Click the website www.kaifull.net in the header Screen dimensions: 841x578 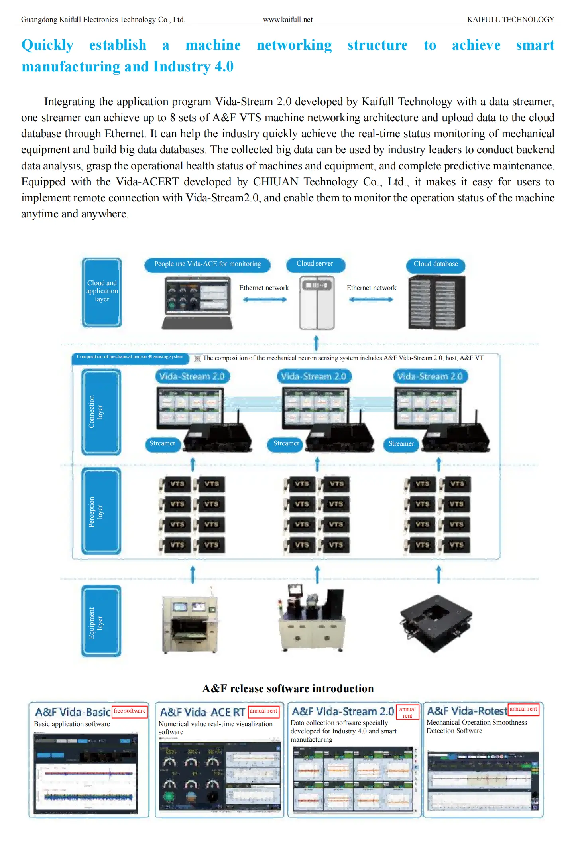(287, 20)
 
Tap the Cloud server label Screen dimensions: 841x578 (315, 264)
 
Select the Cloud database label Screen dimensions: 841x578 (435, 264)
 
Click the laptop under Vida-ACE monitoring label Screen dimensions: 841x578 (198, 303)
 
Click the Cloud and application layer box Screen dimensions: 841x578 (102, 292)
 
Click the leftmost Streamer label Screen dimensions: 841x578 (162, 443)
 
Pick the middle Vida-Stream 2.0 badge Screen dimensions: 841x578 (314, 376)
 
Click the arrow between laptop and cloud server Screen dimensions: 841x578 (265, 299)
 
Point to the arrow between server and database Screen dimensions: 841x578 (371, 299)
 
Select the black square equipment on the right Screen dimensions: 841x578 (436, 622)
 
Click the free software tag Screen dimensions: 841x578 (130, 711)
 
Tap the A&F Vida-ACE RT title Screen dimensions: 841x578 (202, 712)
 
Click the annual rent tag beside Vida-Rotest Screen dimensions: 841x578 (523, 709)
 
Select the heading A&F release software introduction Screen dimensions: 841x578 (288, 689)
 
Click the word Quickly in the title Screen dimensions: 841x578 (47, 45)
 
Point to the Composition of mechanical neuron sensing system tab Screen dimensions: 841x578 (130, 357)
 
